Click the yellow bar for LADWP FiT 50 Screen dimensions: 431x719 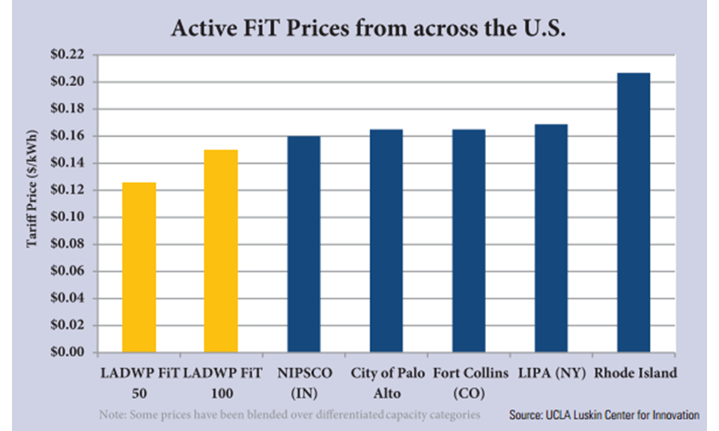(x=139, y=267)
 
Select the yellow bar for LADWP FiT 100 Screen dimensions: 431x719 (x=221, y=251)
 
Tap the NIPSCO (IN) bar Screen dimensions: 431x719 (x=303, y=244)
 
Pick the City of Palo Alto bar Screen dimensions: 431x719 (x=386, y=240)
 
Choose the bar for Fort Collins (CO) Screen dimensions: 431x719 (x=469, y=240)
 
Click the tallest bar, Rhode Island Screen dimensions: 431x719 (x=633, y=213)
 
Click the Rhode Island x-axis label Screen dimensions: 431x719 (x=635, y=372)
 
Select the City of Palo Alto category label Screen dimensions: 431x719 (x=387, y=379)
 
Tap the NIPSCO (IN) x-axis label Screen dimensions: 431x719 (x=304, y=379)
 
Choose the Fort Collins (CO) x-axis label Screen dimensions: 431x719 (x=470, y=379)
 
